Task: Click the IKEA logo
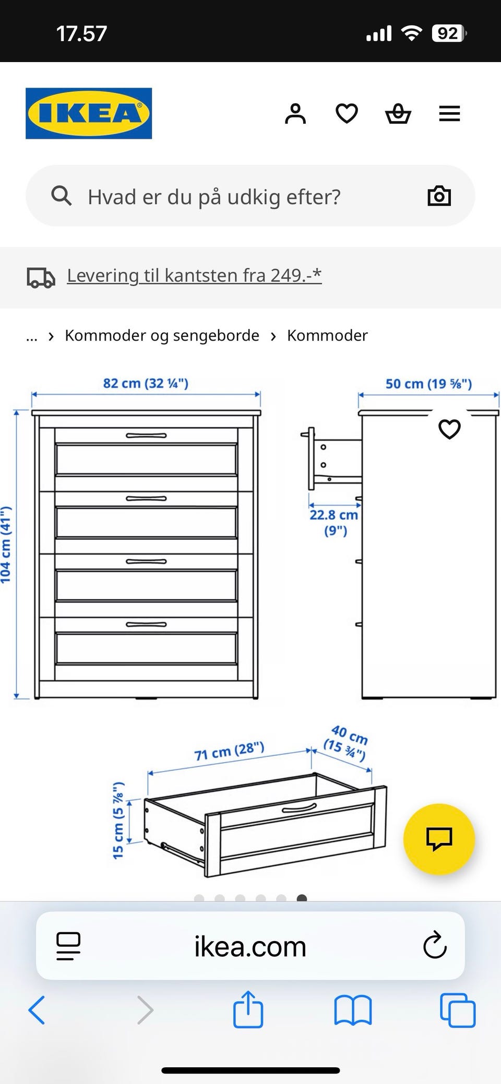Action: tap(89, 113)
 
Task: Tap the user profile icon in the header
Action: tap(295, 113)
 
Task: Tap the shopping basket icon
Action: tap(398, 113)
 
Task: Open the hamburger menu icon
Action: tap(449, 113)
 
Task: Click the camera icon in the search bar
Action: tap(439, 196)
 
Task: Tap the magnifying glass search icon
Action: tap(61, 196)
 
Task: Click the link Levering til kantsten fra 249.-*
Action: tap(194, 275)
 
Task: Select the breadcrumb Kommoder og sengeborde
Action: tap(162, 335)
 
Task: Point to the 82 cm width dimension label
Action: tap(146, 383)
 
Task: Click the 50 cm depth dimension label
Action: tap(428, 384)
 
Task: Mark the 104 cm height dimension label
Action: tap(6, 545)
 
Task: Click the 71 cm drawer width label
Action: tap(229, 752)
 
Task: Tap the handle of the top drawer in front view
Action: tap(146, 436)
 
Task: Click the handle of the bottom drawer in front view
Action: tap(146, 624)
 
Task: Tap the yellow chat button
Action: tap(439, 839)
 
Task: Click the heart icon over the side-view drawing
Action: tap(449, 429)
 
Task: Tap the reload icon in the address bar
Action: tap(434, 946)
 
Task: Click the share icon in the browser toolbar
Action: tap(248, 1009)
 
